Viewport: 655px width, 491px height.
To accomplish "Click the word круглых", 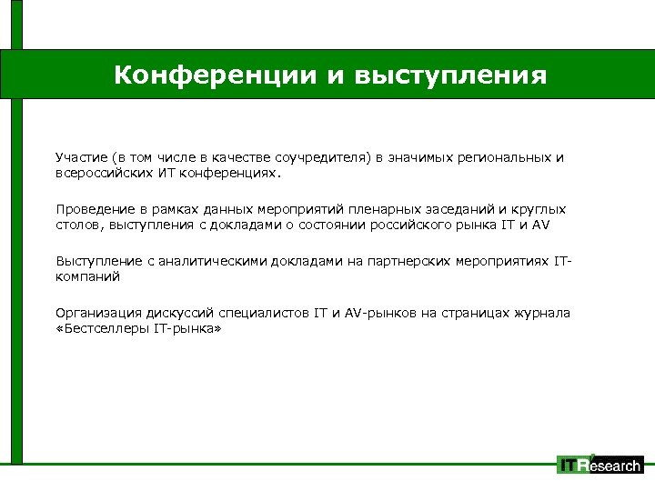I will click(x=540, y=209).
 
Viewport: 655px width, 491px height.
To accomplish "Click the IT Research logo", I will click(x=600, y=465).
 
